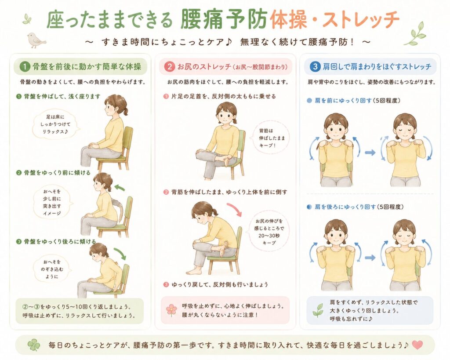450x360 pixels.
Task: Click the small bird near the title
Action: [x=36, y=40]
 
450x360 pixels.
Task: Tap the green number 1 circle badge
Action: [x=25, y=67]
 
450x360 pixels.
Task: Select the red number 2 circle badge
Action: [x=169, y=67]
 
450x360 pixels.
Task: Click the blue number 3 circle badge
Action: [x=315, y=67]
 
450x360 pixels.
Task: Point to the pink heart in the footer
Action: [x=417, y=345]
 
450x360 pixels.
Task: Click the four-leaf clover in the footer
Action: [x=33, y=345]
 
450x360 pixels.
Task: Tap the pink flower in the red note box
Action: [x=172, y=310]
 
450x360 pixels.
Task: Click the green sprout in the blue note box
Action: [x=318, y=311]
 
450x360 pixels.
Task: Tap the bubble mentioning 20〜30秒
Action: [x=269, y=232]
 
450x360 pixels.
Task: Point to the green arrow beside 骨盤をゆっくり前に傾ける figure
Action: [x=120, y=188]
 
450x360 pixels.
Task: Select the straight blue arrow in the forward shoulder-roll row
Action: [x=370, y=153]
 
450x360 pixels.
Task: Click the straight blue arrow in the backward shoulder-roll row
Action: [x=370, y=258]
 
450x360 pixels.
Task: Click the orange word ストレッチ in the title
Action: [x=361, y=19]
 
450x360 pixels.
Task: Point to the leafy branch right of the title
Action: [x=415, y=33]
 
